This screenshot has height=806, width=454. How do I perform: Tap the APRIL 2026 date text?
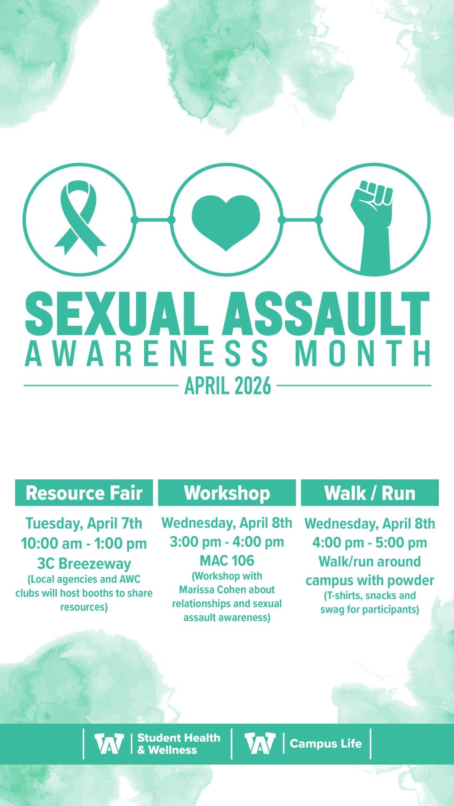click(227, 386)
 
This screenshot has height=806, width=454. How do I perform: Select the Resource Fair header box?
click(84, 493)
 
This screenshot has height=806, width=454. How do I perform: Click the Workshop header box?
click(227, 493)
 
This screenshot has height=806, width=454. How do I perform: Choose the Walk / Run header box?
click(370, 493)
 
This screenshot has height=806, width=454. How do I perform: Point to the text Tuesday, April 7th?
click(84, 524)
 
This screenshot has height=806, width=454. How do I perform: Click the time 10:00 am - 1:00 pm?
click(84, 543)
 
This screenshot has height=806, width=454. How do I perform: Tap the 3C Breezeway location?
click(84, 564)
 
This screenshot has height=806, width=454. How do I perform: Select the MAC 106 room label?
click(227, 561)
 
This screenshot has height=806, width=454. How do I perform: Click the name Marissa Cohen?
click(227, 590)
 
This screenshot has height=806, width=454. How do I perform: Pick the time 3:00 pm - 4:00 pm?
click(227, 542)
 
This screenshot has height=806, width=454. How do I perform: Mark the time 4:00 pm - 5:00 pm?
click(370, 543)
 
